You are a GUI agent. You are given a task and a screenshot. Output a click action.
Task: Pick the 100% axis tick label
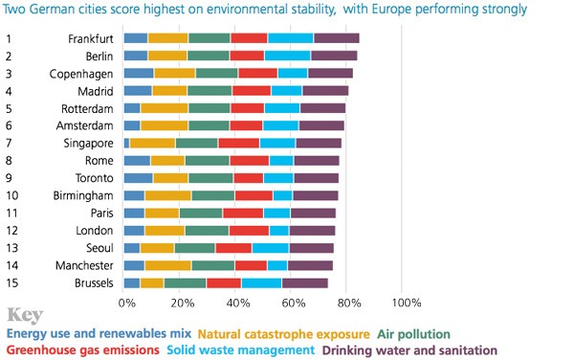tap(407, 303)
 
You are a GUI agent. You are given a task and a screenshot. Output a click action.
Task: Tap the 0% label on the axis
tap(128, 303)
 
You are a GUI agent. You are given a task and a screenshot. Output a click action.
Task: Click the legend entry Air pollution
tap(412, 334)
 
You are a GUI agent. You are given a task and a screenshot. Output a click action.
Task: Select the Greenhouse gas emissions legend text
tap(81, 350)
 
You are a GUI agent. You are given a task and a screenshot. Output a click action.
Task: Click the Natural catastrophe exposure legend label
tap(283, 334)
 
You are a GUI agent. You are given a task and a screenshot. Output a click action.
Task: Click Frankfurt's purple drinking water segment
tap(336, 38)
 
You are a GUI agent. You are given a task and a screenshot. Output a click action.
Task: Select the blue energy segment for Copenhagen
tap(139, 73)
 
